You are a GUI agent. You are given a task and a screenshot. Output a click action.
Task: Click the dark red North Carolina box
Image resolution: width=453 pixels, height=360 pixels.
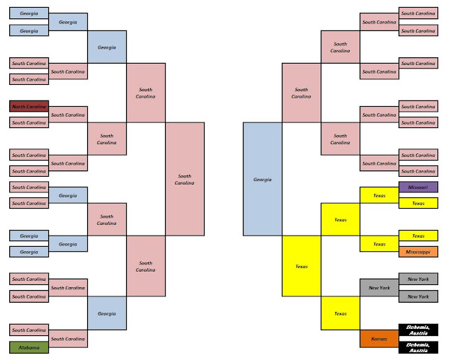point(29,106)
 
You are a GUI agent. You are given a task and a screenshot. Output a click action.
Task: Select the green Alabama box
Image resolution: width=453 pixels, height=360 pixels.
point(29,347)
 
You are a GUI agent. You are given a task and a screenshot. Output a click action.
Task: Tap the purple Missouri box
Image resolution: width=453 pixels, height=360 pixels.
point(418,187)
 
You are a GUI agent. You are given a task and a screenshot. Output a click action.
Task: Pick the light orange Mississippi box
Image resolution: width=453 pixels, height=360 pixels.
point(418,252)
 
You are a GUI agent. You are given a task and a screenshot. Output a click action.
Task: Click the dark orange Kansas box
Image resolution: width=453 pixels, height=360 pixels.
point(379,339)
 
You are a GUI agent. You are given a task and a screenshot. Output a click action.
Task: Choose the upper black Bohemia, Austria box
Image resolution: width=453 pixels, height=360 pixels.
point(418,330)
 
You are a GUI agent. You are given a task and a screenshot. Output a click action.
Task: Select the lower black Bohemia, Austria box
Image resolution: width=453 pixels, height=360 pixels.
point(418,347)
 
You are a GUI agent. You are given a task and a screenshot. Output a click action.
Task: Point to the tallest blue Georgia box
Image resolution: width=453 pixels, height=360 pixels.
point(263,179)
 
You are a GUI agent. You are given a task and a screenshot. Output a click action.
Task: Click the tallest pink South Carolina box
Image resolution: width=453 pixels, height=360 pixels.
point(185,179)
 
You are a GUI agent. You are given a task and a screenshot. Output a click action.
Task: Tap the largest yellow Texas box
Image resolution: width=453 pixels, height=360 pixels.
point(302,266)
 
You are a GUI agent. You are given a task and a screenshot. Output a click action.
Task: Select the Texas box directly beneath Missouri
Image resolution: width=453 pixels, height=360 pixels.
point(418,203)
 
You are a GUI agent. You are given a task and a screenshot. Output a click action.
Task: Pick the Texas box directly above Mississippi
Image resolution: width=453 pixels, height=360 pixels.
point(418,236)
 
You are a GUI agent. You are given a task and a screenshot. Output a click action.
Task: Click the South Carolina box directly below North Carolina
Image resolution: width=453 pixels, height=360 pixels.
point(29,122)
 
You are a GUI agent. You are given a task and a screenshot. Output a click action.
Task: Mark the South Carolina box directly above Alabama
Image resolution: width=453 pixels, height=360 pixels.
point(29,330)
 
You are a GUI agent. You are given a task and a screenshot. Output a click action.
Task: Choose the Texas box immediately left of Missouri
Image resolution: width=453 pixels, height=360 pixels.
point(379,195)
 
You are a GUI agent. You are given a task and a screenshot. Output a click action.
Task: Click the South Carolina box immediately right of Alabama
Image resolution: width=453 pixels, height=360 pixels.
point(68,339)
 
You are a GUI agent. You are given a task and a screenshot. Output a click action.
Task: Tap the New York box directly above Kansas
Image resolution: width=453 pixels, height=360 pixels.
point(379,288)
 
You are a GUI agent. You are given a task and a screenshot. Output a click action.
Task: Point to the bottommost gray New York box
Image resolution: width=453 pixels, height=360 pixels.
point(418,296)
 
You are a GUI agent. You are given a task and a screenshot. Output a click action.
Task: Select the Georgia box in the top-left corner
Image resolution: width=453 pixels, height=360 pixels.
point(29,13)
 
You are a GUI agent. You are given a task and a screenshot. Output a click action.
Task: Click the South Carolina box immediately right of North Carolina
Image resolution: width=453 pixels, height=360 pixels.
point(68,115)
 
